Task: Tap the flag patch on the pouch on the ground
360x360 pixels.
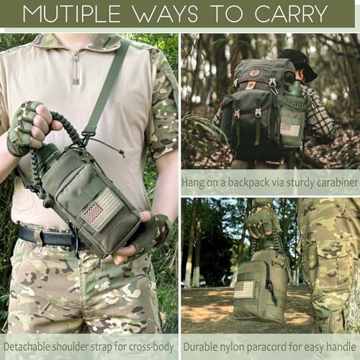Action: point(244,289)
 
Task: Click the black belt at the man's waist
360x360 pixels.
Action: point(43,235)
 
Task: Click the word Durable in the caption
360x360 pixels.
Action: point(204,346)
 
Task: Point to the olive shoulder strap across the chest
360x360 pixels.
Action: point(108,86)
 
